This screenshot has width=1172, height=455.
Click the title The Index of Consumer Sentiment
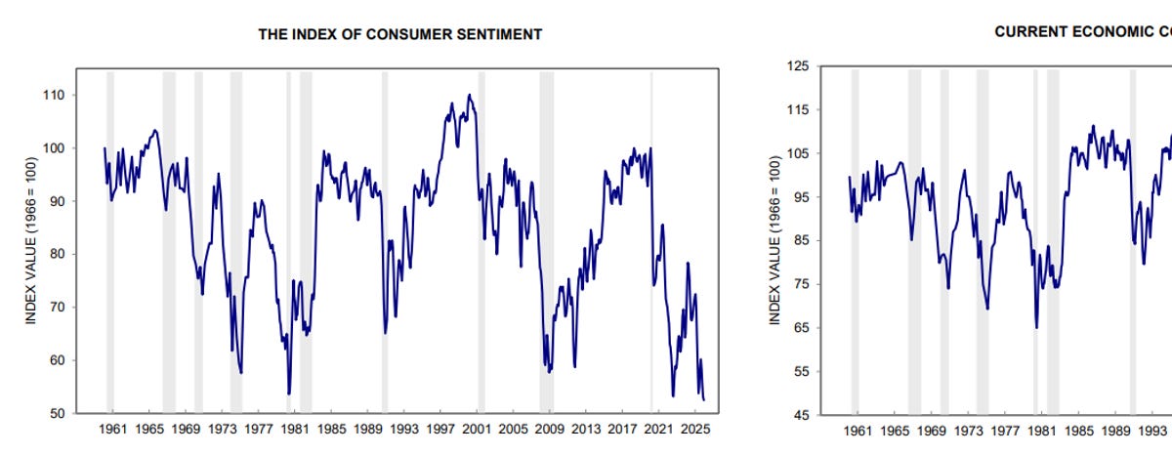(x=400, y=34)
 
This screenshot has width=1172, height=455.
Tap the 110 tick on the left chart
(x=55, y=95)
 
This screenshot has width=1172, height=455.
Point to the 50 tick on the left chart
(x=58, y=414)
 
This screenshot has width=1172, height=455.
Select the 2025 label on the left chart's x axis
(x=694, y=430)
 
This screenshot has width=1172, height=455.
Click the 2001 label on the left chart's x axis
(x=477, y=430)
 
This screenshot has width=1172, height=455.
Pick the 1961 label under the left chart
(x=113, y=430)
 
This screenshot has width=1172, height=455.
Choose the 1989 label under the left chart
(x=368, y=430)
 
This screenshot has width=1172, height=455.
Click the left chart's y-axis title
(x=31, y=240)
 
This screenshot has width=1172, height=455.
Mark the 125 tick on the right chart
(x=798, y=66)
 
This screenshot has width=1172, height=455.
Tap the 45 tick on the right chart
(x=802, y=416)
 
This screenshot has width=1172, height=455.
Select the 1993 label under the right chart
(x=1152, y=431)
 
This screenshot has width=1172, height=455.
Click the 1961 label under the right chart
(x=858, y=431)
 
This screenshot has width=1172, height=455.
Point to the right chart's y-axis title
(x=774, y=240)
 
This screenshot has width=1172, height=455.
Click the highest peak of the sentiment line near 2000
(x=470, y=95)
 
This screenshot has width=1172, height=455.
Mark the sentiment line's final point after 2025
(x=704, y=400)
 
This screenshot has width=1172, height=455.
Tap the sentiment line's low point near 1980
(x=289, y=393)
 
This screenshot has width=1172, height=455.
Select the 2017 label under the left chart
(x=622, y=430)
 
